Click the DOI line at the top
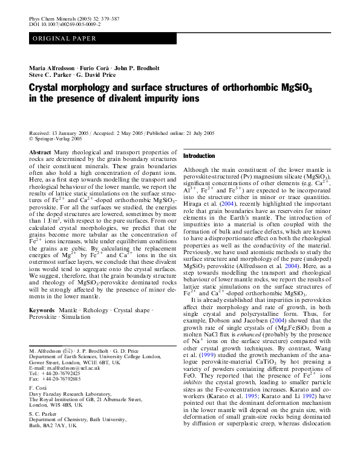point(65,25)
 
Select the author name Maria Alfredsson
point(54,67)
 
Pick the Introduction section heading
point(199,156)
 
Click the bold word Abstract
point(40,152)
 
